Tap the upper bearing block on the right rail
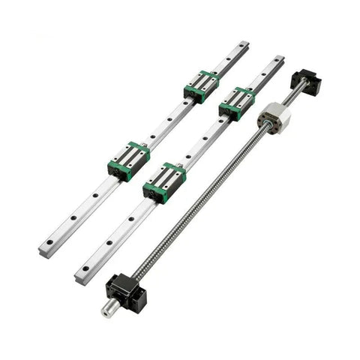point(236,101)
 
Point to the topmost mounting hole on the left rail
point(238,52)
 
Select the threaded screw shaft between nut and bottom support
point(195,199)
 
